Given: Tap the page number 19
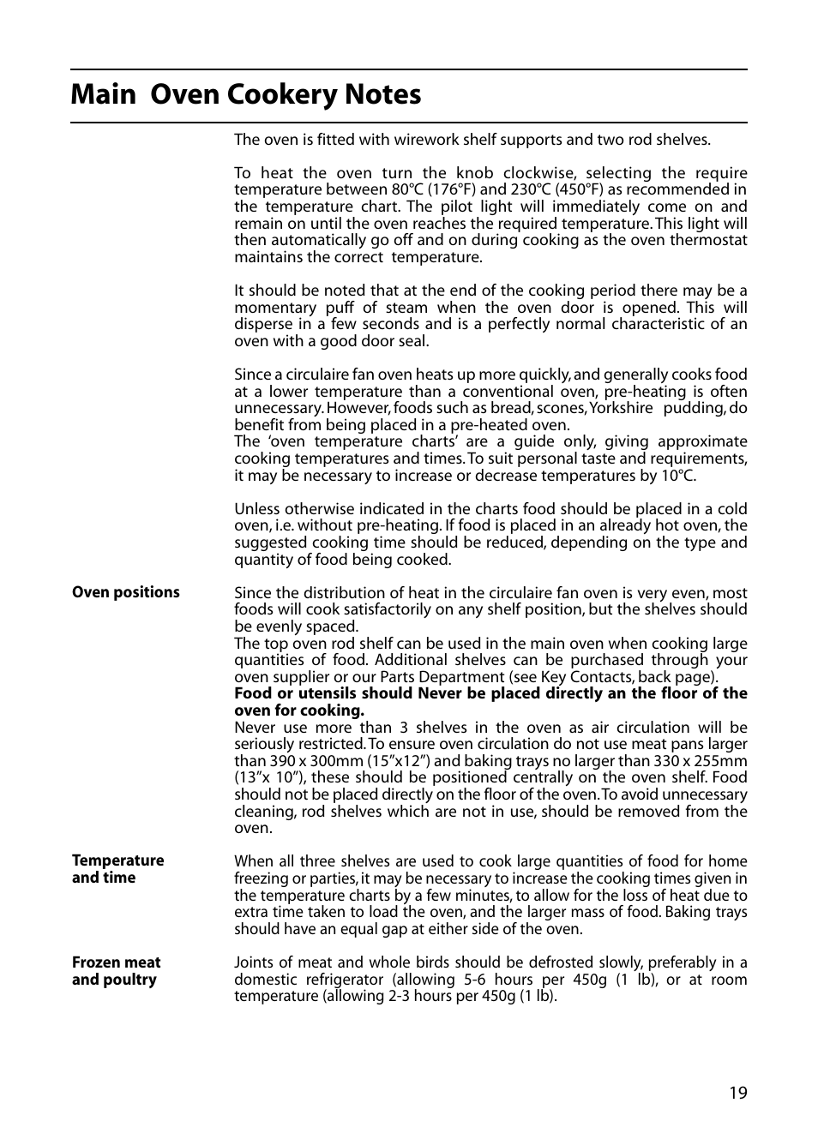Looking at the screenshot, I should point(738,1093).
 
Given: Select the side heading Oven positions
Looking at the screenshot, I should point(126,592).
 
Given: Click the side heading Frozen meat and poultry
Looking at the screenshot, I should point(116,971).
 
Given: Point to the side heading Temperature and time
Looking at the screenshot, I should point(117,869).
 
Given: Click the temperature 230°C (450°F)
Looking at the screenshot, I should point(558,190).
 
